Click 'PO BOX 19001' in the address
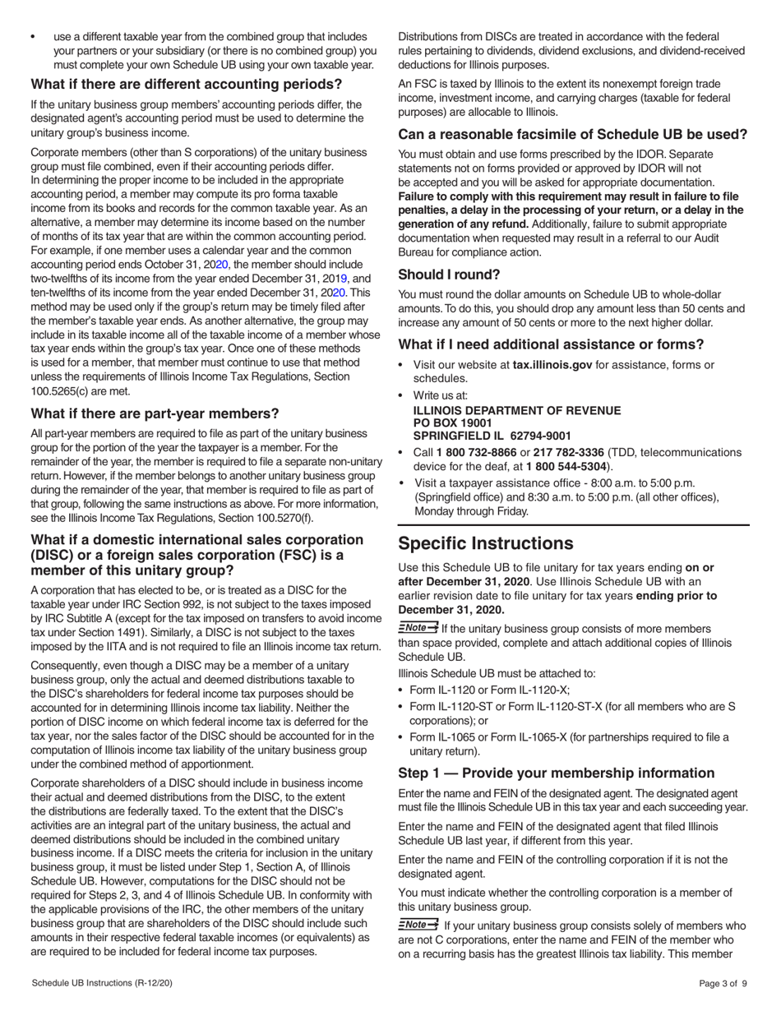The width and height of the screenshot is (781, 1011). coord(452,422)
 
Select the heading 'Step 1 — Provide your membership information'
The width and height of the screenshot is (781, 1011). coord(557,773)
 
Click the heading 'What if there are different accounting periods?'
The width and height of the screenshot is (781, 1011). coord(186,84)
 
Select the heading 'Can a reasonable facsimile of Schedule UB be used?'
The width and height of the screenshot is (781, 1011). coord(572,134)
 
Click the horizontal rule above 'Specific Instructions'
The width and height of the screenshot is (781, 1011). coord(573,524)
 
